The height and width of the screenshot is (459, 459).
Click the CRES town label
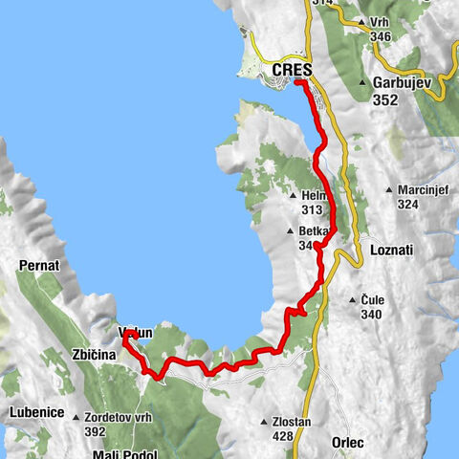tap(294, 70)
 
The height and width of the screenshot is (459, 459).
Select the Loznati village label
tap(390, 250)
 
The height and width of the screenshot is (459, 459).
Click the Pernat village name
tap(38, 263)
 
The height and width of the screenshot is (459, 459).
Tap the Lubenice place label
tap(36, 413)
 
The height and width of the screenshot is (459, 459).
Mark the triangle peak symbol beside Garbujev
tap(363, 82)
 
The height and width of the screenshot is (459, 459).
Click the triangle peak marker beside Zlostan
tap(265, 422)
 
